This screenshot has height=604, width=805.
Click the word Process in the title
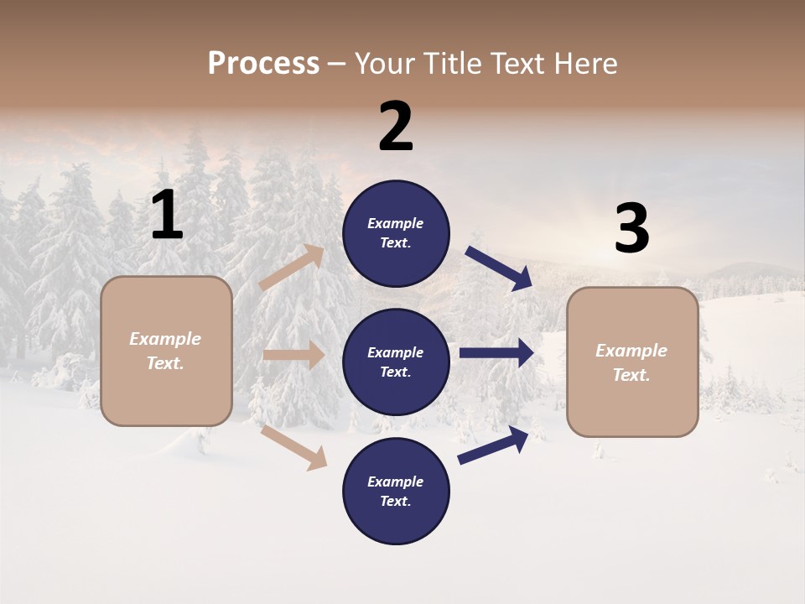pos(263,63)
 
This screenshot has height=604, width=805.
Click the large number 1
pos(167,216)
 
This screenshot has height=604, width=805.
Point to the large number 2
pos(396,127)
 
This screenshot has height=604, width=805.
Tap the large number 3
pos(631,229)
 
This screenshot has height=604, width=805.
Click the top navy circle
pos(396,233)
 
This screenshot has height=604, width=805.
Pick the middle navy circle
pos(396,362)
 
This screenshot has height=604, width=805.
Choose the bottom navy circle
pos(396,492)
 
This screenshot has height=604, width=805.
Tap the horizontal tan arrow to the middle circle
pos(293,355)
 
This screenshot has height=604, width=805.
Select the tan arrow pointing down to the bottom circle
pos(293,447)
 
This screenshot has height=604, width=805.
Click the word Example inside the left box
pos(165,339)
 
